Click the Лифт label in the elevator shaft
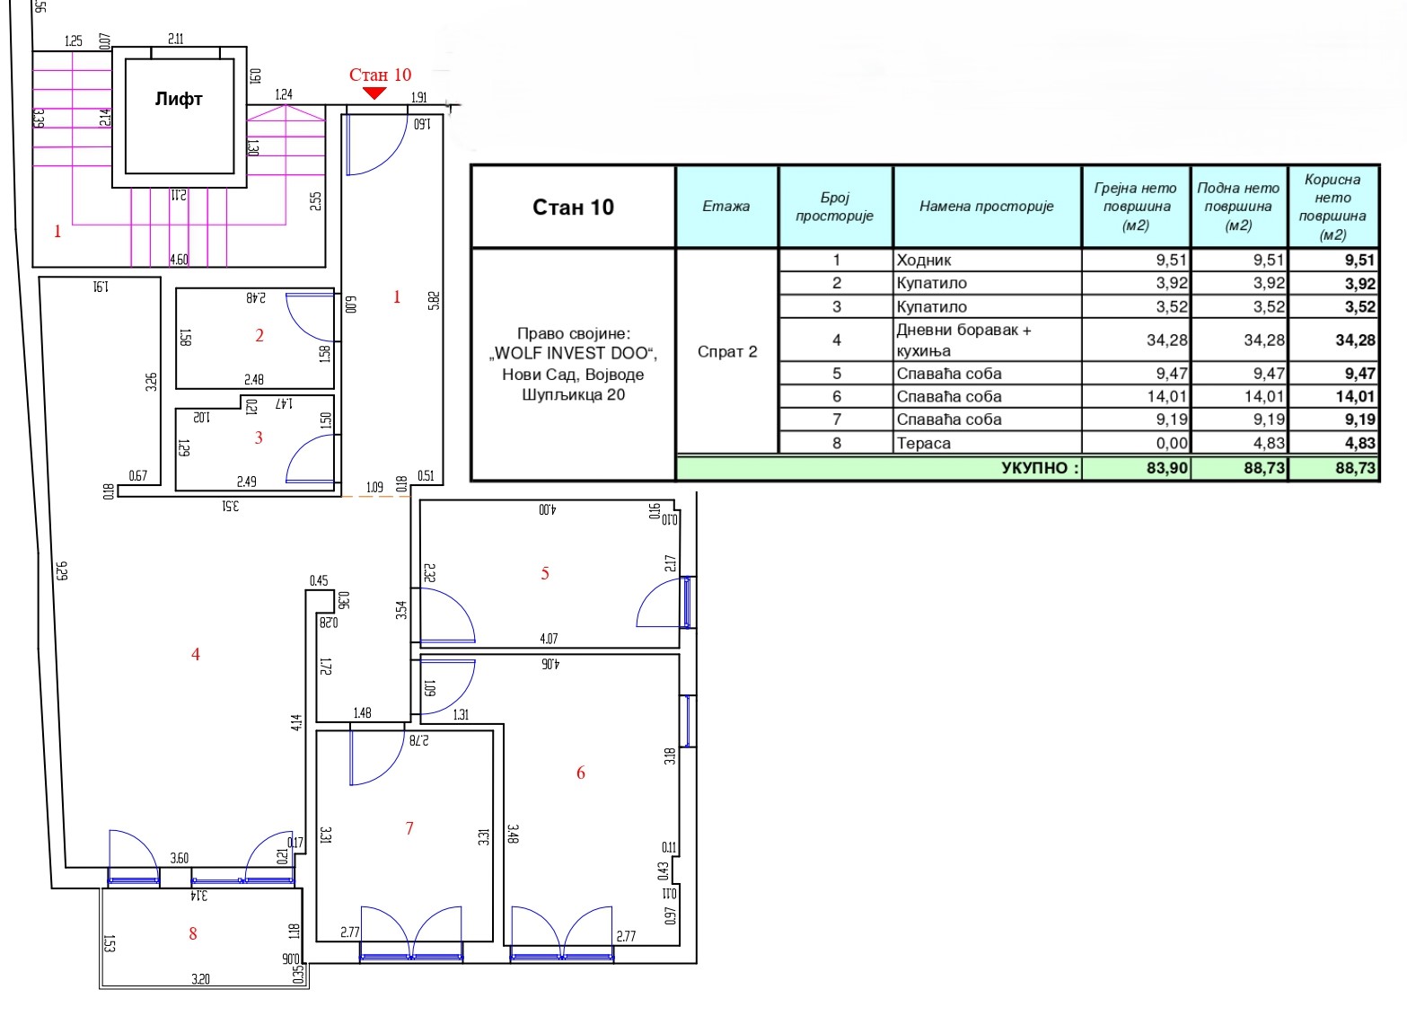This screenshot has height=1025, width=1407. pyautogui.click(x=179, y=99)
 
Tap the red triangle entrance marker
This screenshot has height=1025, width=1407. pyautogui.click(x=374, y=93)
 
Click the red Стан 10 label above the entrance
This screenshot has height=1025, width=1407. pyautogui.click(x=380, y=75)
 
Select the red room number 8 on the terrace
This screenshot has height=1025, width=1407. pyautogui.click(x=193, y=934)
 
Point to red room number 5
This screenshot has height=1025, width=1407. pyautogui.click(x=545, y=573)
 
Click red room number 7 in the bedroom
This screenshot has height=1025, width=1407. pyautogui.click(x=409, y=828)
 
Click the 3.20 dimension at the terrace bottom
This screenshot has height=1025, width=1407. pyautogui.click(x=200, y=978)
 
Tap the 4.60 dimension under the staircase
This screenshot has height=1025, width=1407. pyautogui.click(x=179, y=259)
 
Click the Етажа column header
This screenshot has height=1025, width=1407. pyautogui.click(x=726, y=206)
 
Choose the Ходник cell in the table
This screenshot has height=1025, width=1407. pyautogui.click(x=923, y=261)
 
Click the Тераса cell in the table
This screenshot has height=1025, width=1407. pyautogui.click(x=923, y=443)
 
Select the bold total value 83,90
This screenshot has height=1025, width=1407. pyautogui.click(x=1167, y=468)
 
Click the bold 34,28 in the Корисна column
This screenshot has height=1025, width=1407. pyautogui.click(x=1356, y=340)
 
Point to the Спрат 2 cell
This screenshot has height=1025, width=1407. pyautogui.click(x=727, y=351)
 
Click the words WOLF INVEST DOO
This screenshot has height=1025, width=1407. pyautogui.click(x=571, y=353)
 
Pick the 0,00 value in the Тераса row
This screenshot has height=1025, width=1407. pyautogui.click(x=1172, y=443)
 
